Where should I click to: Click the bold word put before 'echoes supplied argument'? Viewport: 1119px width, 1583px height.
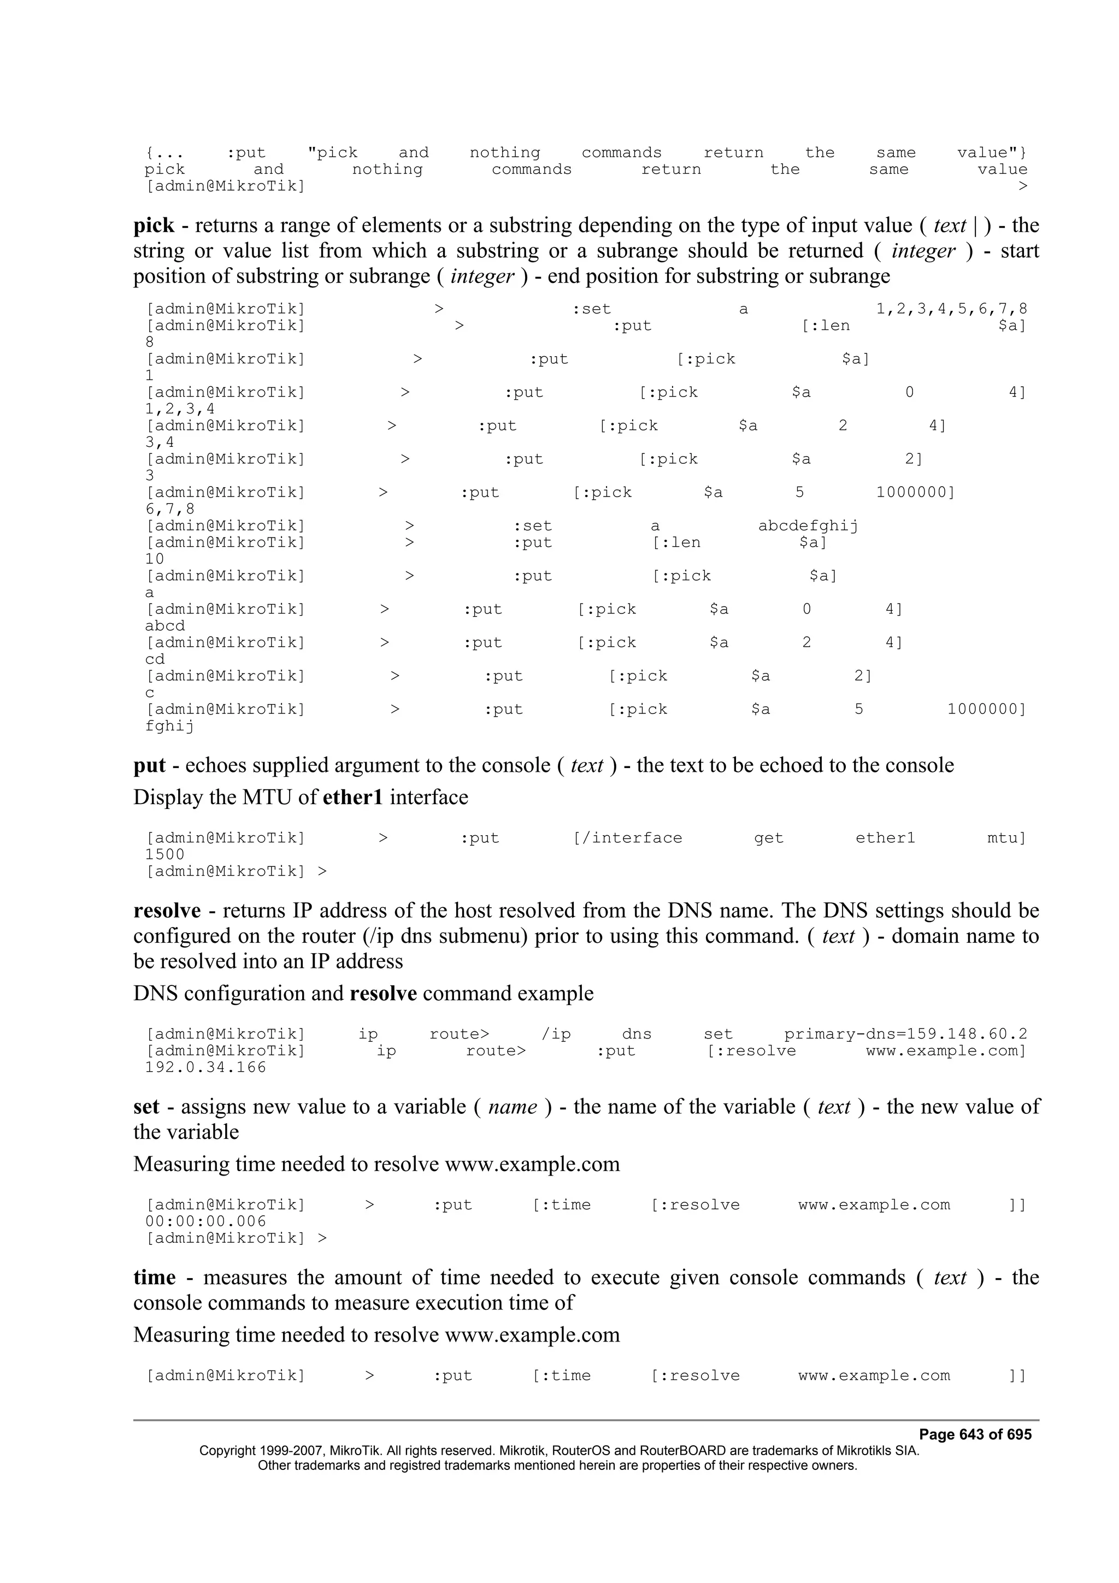[x=150, y=766]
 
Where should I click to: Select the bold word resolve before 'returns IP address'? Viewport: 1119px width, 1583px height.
[x=167, y=911]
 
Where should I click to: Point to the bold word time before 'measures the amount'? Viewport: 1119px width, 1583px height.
[x=155, y=1278]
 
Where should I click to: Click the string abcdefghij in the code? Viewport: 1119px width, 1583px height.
[x=808, y=526]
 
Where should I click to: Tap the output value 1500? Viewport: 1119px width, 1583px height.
[x=165, y=854]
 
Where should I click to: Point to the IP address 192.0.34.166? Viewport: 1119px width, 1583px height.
[x=205, y=1067]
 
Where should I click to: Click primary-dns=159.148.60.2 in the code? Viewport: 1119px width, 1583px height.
[x=905, y=1034]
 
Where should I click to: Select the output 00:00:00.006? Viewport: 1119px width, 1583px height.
[x=205, y=1222]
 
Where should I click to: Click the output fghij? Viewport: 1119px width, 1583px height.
[x=169, y=726]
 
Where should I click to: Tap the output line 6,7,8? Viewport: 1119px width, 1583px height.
[x=169, y=510]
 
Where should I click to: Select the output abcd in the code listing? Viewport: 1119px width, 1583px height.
[x=165, y=626]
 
